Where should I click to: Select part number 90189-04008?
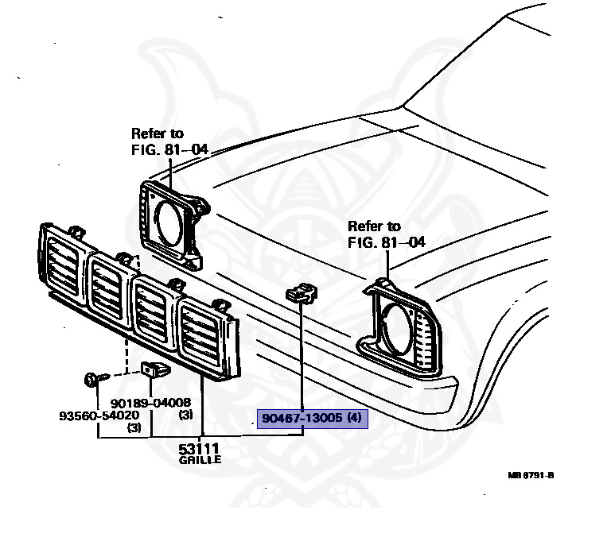[x=152, y=404]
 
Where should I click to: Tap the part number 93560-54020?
[x=99, y=416]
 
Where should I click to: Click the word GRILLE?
[x=200, y=460]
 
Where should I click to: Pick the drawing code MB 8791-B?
[x=531, y=476]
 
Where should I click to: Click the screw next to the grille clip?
[x=91, y=378]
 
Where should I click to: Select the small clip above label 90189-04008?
[x=153, y=369]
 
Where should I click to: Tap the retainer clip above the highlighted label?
[x=301, y=294]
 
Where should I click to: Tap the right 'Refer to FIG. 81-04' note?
[x=386, y=234]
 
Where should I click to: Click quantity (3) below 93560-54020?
[x=134, y=427]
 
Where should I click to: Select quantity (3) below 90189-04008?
[x=185, y=415]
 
